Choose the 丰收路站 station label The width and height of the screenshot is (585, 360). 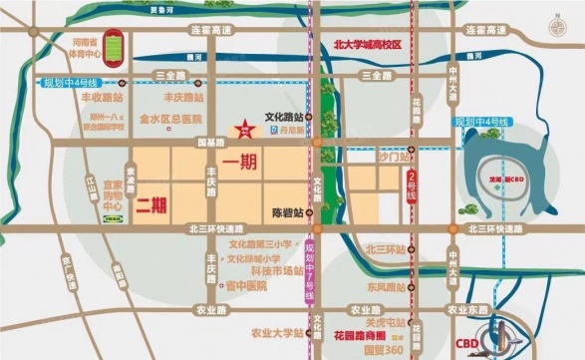[101, 99]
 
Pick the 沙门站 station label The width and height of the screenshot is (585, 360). [367, 158]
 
